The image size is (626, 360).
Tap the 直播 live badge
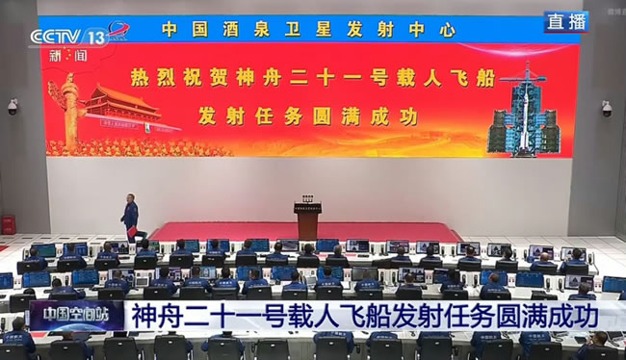point(565,22)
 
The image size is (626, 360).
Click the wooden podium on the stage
point(308,220)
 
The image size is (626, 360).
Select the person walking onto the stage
point(129,217)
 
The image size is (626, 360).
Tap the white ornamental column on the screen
point(69,111)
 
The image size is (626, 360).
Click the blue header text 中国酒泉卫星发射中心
point(308,30)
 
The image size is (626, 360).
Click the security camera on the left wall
point(13,106)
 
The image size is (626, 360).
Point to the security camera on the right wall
point(606,108)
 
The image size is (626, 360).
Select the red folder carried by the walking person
point(131,231)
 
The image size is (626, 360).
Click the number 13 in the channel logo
point(95,37)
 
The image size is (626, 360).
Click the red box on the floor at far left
point(8,224)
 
